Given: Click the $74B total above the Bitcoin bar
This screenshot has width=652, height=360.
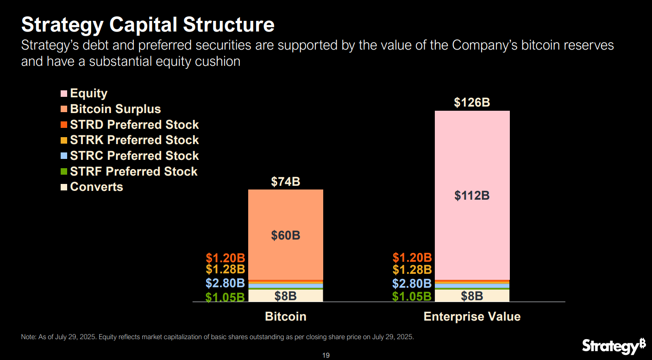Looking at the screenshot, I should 285,182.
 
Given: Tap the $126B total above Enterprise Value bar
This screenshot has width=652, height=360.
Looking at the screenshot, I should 472,102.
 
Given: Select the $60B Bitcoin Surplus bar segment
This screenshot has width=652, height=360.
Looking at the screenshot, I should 285,235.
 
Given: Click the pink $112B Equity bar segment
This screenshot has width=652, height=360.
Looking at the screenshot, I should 472,196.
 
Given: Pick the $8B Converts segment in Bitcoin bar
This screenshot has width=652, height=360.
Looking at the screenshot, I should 285,296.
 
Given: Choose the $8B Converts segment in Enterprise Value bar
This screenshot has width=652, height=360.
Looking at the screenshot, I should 472,296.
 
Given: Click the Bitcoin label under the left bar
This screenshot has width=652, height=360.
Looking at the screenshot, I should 285,317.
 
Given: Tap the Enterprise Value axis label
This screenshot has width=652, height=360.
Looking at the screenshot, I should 472,317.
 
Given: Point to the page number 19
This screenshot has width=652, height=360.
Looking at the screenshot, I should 326,355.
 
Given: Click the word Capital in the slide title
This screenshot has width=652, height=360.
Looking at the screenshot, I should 144,25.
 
